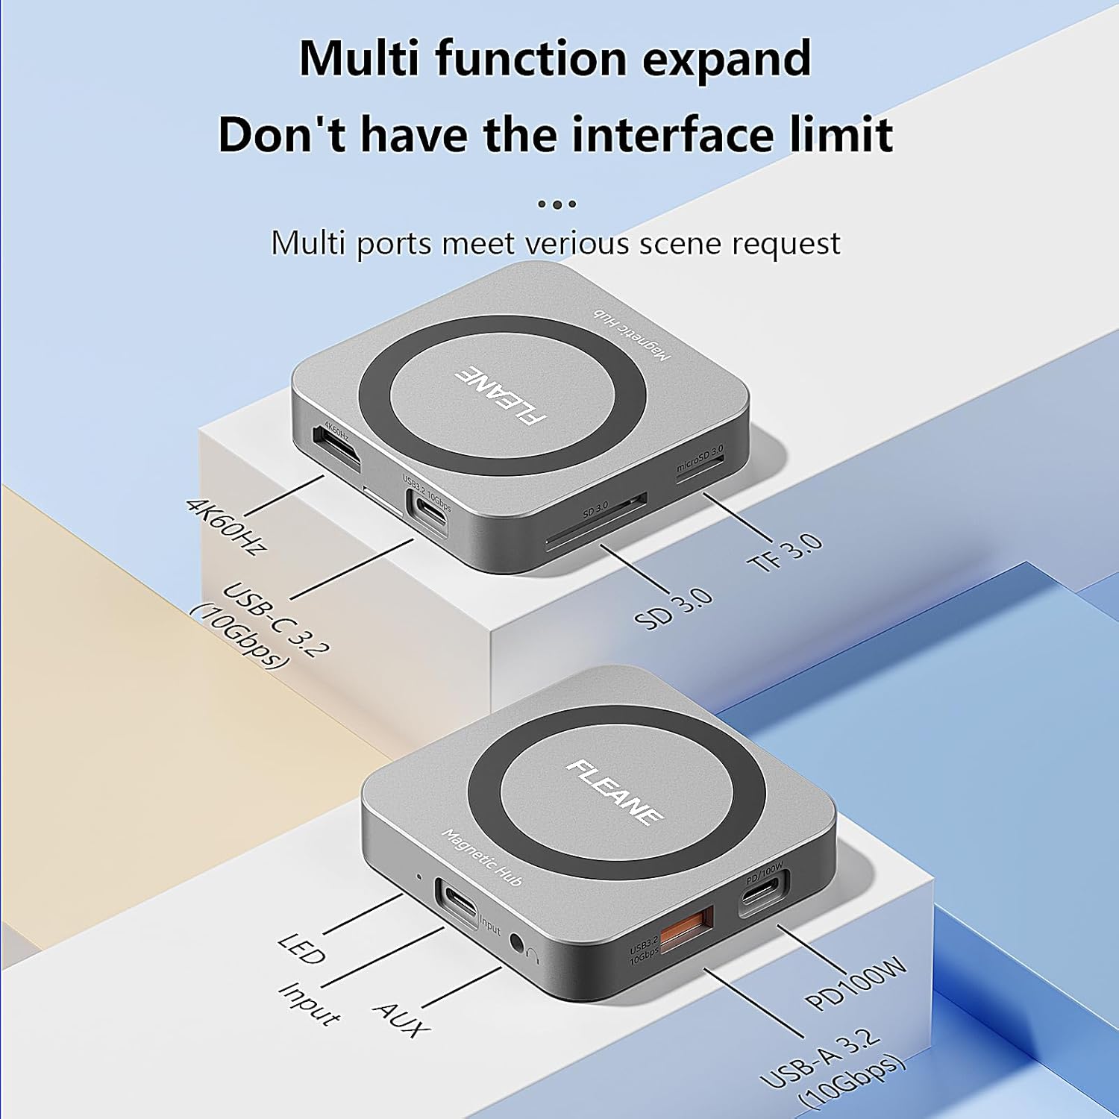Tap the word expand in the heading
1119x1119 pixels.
tap(726, 58)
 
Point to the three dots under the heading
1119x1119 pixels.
tap(557, 204)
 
